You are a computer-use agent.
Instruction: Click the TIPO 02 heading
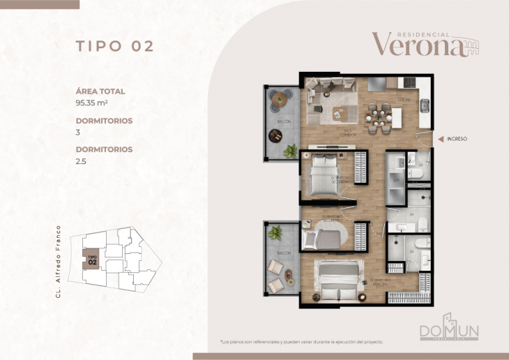point(114,46)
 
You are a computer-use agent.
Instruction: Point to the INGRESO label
point(457,139)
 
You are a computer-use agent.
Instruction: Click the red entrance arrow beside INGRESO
point(440,139)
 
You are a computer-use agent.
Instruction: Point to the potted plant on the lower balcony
point(275,232)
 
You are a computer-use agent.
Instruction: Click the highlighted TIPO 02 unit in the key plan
point(92,260)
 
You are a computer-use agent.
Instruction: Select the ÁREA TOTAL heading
point(100,91)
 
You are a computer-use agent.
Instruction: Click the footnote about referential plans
point(301,342)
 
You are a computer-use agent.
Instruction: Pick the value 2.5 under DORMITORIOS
point(81,161)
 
